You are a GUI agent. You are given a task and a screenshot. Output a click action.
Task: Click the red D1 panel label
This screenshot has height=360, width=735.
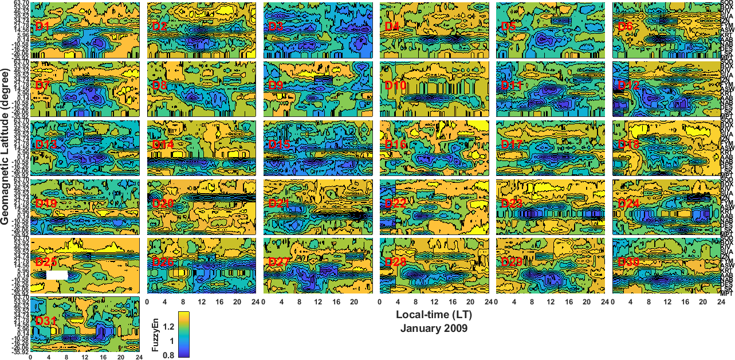(42, 26)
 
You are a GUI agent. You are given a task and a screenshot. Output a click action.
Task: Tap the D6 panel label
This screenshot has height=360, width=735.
(626, 26)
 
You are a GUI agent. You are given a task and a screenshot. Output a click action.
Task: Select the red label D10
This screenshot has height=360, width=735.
(395, 85)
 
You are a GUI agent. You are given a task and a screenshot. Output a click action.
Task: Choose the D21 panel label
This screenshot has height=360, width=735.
(279, 204)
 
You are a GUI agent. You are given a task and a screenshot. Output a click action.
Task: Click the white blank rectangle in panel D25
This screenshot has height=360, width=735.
(57, 275)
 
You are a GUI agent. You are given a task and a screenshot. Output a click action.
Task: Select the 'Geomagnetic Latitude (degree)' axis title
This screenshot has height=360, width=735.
(7, 155)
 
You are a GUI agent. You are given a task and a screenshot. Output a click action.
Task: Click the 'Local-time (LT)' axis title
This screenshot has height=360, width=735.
(434, 315)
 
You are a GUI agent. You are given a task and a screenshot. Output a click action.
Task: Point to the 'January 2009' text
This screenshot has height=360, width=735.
(434, 328)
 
